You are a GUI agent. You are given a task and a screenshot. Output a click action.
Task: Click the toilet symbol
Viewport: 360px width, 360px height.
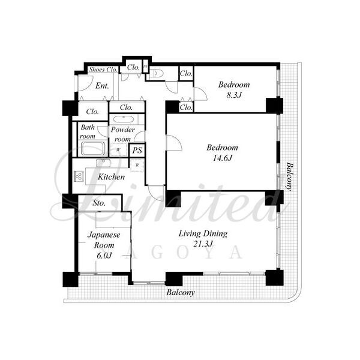pyautogui.click(x=157, y=73)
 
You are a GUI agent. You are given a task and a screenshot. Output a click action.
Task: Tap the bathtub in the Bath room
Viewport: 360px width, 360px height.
pyautogui.click(x=93, y=149)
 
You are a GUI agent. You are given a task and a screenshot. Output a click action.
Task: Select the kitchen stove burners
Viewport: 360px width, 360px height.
pyautogui.click(x=79, y=176)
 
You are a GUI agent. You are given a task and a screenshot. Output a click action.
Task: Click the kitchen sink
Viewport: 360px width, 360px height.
pyautogui.click(x=103, y=163)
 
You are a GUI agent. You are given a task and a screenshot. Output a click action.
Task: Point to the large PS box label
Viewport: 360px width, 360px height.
pyautogui.click(x=137, y=151)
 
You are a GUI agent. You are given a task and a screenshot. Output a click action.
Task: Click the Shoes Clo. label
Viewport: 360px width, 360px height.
pyautogui.click(x=103, y=70)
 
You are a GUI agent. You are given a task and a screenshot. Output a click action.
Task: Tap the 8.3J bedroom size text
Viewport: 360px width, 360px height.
pyautogui.click(x=234, y=95)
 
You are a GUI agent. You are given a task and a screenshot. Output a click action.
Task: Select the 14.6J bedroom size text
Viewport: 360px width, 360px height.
pyautogui.click(x=222, y=158)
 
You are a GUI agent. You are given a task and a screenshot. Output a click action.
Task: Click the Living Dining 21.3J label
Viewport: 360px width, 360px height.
pyautogui.click(x=203, y=239)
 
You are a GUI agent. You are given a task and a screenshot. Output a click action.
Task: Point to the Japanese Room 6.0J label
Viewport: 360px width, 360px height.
pyautogui.click(x=104, y=245)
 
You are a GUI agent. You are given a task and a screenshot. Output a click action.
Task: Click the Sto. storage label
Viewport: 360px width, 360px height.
pyautogui.click(x=99, y=203)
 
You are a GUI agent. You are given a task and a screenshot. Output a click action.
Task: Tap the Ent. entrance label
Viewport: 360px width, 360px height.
pyautogui.click(x=102, y=86)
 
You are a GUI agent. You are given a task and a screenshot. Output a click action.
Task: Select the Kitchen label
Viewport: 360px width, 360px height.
pyautogui.click(x=112, y=177)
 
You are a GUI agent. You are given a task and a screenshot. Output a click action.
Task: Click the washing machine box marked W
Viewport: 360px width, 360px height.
pyautogui.click(x=118, y=150)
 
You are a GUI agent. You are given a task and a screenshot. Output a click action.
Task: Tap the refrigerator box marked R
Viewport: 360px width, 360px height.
pyautogui.click(x=137, y=165)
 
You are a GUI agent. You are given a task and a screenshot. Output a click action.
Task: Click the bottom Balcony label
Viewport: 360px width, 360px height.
pyautogui.click(x=181, y=293)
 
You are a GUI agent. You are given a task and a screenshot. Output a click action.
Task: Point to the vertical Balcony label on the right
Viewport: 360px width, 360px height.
pyautogui.click(x=290, y=176)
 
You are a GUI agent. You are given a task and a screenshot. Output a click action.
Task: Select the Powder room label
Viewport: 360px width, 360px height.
pyautogui.click(x=123, y=134)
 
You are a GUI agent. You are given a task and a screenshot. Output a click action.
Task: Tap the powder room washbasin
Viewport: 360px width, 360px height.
pyautogui.click(x=124, y=119)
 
